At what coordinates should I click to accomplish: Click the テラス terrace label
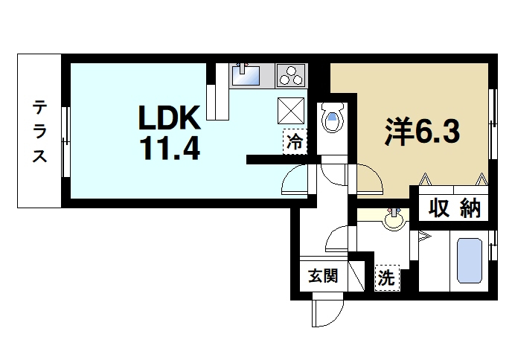click(40, 132)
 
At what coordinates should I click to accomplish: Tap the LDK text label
click(170, 118)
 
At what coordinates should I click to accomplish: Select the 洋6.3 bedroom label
click(423, 132)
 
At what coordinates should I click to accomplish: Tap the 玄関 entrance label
click(323, 276)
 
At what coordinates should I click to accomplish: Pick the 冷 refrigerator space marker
click(295, 141)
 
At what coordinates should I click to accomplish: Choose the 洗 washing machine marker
click(387, 277)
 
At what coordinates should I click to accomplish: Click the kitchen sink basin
click(246, 76)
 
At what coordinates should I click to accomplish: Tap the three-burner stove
click(291, 76)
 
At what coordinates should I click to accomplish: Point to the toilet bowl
click(333, 118)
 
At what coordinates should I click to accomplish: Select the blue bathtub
click(470, 261)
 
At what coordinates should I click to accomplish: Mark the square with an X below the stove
click(291, 111)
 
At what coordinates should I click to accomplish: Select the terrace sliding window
click(66, 141)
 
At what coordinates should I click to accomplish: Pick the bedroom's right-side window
click(493, 123)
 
